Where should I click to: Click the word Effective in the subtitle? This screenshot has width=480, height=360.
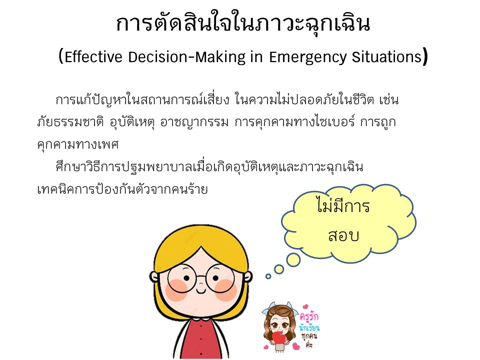tap(93, 57)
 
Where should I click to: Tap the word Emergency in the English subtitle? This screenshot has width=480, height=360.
tap(307, 57)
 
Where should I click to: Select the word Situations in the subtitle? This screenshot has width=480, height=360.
tap(387, 57)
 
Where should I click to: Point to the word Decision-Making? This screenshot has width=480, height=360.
tap(186, 57)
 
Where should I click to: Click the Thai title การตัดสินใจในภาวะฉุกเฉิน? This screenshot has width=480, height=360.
tap(243, 23)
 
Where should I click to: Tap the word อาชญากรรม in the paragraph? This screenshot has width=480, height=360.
tap(194, 122)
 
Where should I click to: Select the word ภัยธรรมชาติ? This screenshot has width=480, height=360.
tap(70, 122)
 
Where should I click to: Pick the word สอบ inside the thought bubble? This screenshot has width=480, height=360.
tap(343, 235)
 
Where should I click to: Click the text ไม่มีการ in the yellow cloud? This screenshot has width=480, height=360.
tap(343, 205)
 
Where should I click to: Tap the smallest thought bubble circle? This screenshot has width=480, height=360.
tap(268, 276)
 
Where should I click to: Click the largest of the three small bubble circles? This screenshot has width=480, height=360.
tap(293, 259)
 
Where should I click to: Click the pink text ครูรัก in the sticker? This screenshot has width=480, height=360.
tap(309, 316)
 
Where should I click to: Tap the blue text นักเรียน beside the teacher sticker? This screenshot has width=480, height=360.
tap(309, 328)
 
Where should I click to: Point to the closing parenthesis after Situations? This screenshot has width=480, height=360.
tap(425, 56)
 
